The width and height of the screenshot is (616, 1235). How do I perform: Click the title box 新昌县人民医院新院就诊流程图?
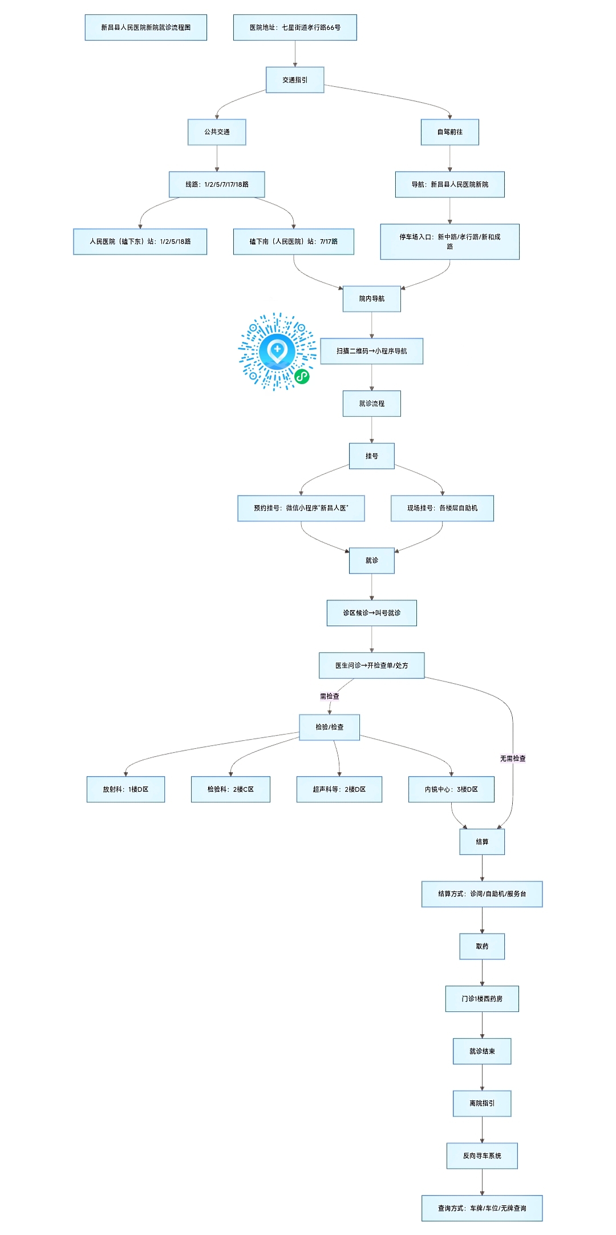click(146, 27)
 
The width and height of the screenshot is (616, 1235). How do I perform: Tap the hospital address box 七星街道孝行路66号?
click(295, 27)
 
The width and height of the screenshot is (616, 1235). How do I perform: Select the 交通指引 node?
click(295, 80)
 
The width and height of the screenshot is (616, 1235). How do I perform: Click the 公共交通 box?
click(217, 132)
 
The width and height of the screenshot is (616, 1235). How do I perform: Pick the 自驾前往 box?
click(450, 132)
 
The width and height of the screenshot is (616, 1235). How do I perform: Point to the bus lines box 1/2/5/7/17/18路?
click(217, 184)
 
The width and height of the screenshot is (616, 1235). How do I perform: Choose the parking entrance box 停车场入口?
click(450, 241)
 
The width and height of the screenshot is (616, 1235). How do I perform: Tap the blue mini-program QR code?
click(277, 352)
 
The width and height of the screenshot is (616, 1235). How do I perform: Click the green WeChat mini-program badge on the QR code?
click(302, 376)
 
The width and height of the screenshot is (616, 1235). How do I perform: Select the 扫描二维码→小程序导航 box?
click(372, 351)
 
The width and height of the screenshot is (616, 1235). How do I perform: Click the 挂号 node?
click(372, 456)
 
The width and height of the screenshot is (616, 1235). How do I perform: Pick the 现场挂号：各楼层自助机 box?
click(442, 508)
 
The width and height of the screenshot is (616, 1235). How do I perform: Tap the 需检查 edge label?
click(330, 696)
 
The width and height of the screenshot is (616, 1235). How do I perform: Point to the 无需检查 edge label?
click(513, 758)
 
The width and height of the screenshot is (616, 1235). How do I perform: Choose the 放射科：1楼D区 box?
click(125, 789)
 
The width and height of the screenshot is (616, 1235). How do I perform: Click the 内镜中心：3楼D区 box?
click(451, 789)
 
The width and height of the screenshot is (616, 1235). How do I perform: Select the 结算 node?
click(482, 842)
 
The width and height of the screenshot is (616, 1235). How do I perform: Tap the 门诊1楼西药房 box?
click(482, 999)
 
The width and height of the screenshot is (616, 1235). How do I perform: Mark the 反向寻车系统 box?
click(482, 1156)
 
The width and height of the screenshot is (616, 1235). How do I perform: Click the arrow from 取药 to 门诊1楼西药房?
click(482, 972)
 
